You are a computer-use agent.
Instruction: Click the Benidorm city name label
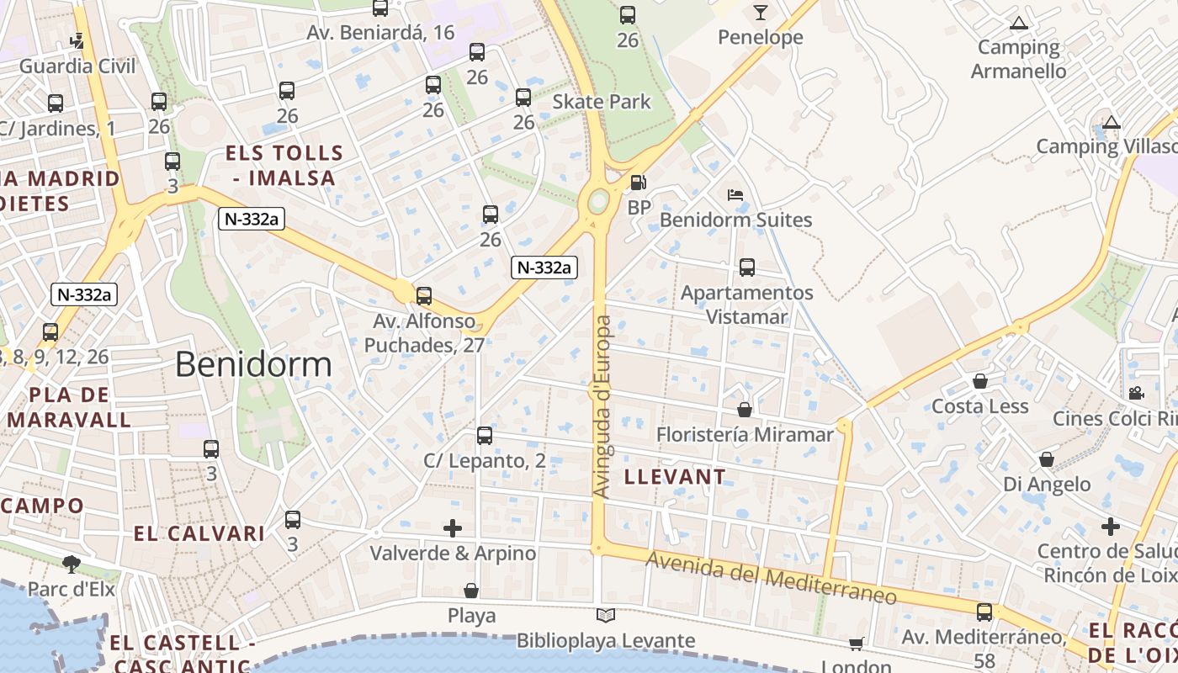tap(253, 364)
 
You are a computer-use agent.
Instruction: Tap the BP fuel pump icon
tap(639, 182)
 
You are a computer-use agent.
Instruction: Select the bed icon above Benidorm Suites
tap(735, 195)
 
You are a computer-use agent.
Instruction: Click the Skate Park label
tap(602, 102)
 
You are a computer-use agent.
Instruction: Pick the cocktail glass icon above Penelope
tap(761, 12)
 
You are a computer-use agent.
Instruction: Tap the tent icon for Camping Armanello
tap(1019, 23)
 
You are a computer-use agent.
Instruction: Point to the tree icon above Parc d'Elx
tap(72, 564)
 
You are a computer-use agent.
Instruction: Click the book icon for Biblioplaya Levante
tap(605, 615)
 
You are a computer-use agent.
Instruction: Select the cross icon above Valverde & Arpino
tap(453, 527)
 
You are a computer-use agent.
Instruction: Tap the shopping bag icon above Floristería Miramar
tap(745, 410)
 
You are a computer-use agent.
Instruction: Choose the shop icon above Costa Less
tap(980, 381)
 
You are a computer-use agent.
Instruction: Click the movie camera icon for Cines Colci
tap(1136, 393)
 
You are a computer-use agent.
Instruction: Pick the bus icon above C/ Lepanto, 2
tap(485, 435)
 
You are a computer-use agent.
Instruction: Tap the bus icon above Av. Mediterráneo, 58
tap(984, 612)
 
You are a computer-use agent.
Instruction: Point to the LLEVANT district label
tap(675, 477)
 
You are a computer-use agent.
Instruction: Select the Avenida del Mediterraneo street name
tap(771, 578)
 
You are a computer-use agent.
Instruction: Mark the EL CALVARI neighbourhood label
tap(199, 533)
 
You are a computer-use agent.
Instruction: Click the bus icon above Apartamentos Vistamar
tap(747, 268)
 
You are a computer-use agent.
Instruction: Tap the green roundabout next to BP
tap(598, 200)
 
